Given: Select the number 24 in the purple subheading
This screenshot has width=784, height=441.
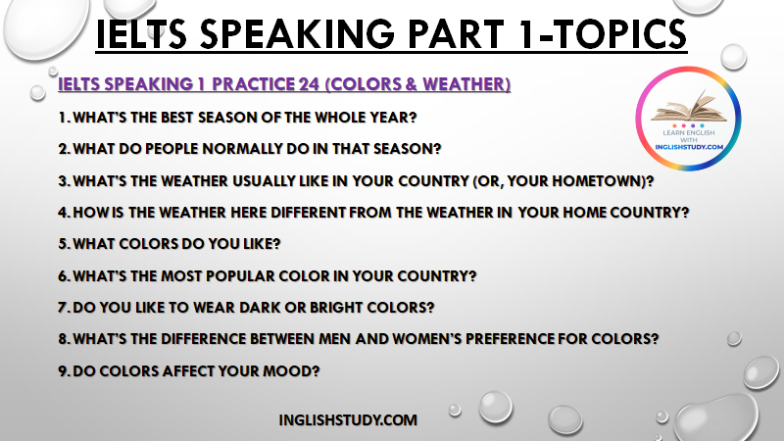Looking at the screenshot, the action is click(x=309, y=84).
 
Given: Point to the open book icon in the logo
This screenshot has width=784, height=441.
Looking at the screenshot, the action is click(x=689, y=107).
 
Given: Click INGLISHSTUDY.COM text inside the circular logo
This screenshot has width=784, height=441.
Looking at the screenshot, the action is click(x=689, y=147).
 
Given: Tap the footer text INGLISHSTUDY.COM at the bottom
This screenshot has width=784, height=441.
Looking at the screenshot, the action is click(x=348, y=420).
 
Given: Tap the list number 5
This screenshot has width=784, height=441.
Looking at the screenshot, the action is click(x=63, y=244).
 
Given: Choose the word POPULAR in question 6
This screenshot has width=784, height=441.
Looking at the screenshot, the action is click(x=239, y=276).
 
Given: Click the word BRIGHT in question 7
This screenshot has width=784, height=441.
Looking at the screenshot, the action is click(x=336, y=308).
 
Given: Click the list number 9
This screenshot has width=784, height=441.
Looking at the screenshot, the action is click(x=63, y=371).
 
